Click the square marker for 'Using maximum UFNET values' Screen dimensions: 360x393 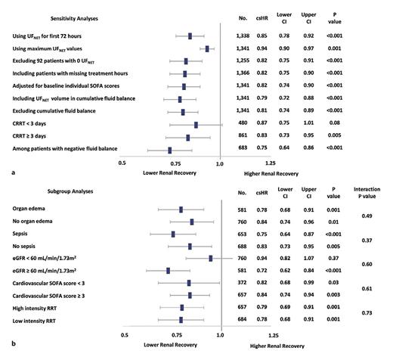(207, 48)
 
